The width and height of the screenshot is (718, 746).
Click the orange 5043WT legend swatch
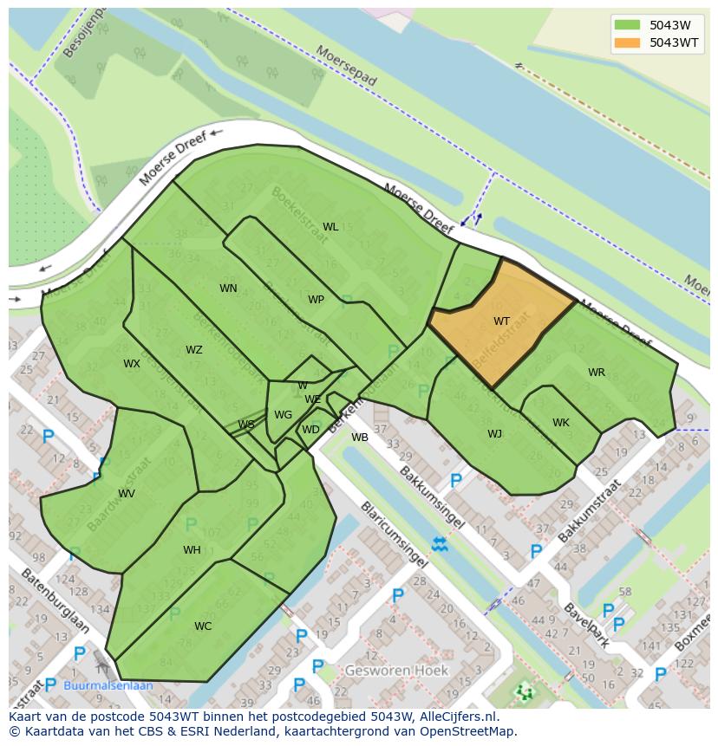pos(627,42)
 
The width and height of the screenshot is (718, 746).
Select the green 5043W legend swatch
pos(627,25)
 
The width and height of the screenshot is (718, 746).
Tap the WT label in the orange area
pos(501,321)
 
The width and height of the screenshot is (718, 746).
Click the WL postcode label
pos(330,227)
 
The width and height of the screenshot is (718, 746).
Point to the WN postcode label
pos(228,289)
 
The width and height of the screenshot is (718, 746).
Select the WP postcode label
pos(316,300)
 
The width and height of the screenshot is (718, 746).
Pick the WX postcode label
pos(131,364)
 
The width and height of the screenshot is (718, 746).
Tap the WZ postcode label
pos(193,350)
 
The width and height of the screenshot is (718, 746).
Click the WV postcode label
pos(127,494)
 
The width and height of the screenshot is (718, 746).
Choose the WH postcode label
pos(192,550)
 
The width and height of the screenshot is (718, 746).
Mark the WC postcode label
pos(203,626)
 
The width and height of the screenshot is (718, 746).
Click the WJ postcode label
pos(494,434)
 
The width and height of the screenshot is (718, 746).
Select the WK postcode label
pos(561,423)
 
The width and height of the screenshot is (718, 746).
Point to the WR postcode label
pos(597,373)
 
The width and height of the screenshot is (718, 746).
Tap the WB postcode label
pos(360,438)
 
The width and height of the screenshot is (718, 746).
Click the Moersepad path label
pos(347,66)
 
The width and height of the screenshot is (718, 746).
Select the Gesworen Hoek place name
pos(396,671)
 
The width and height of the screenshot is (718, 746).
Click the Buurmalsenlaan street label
pos(108,685)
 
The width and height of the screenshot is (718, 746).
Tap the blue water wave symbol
pos(440,544)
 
